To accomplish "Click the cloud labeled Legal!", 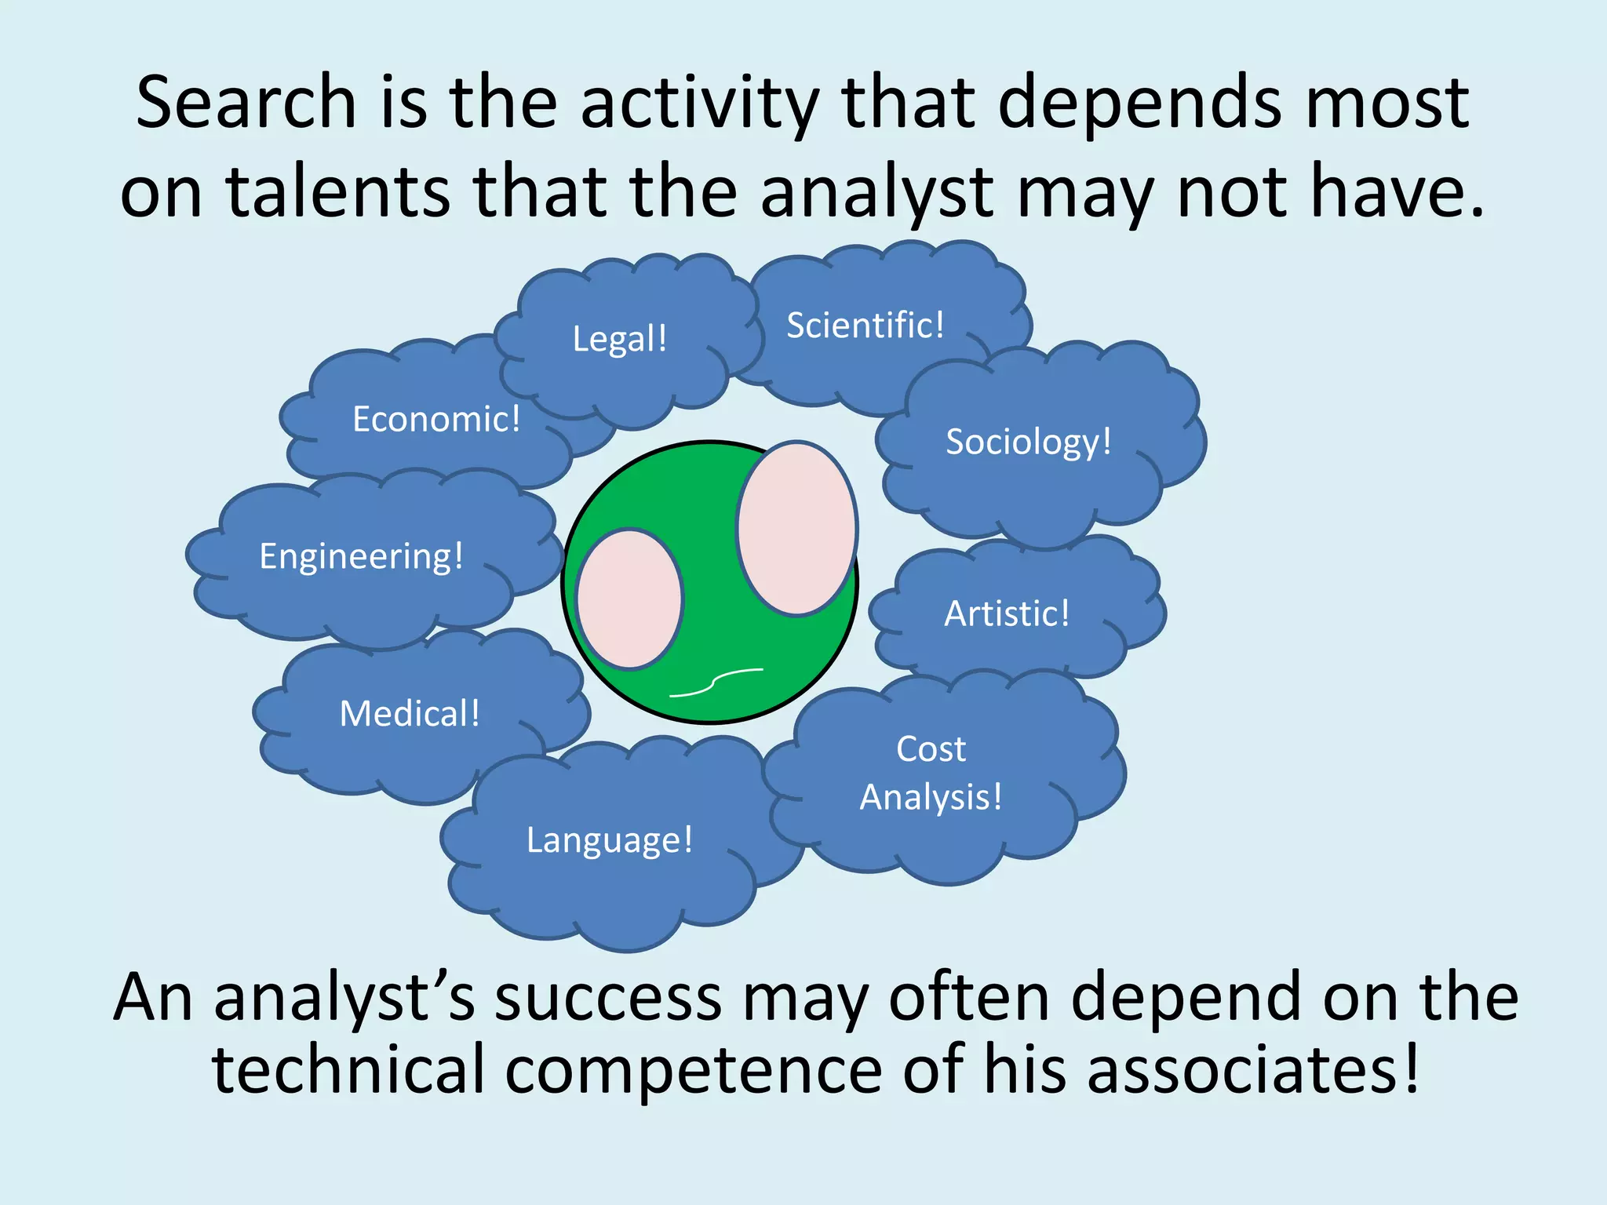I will coord(620,339).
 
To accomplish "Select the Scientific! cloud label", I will coord(865,326).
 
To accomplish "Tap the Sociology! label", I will coord(1029,442).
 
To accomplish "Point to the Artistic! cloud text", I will coord(1007,613).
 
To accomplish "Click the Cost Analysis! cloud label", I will coord(931,774).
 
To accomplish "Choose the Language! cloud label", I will coord(610,840).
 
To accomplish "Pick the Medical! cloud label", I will coord(410,714).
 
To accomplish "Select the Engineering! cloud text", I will coord(362,557).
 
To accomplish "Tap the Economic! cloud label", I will coord(436,419).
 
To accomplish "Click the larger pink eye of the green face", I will coord(796,528).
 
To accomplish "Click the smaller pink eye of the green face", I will coord(629,599).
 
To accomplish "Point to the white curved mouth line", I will coord(716,683).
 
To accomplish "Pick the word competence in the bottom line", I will coord(694,1070).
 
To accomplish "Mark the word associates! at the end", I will coord(1253,1070).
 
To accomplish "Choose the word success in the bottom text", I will coord(608,998).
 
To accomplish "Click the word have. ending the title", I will coord(1397,191).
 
